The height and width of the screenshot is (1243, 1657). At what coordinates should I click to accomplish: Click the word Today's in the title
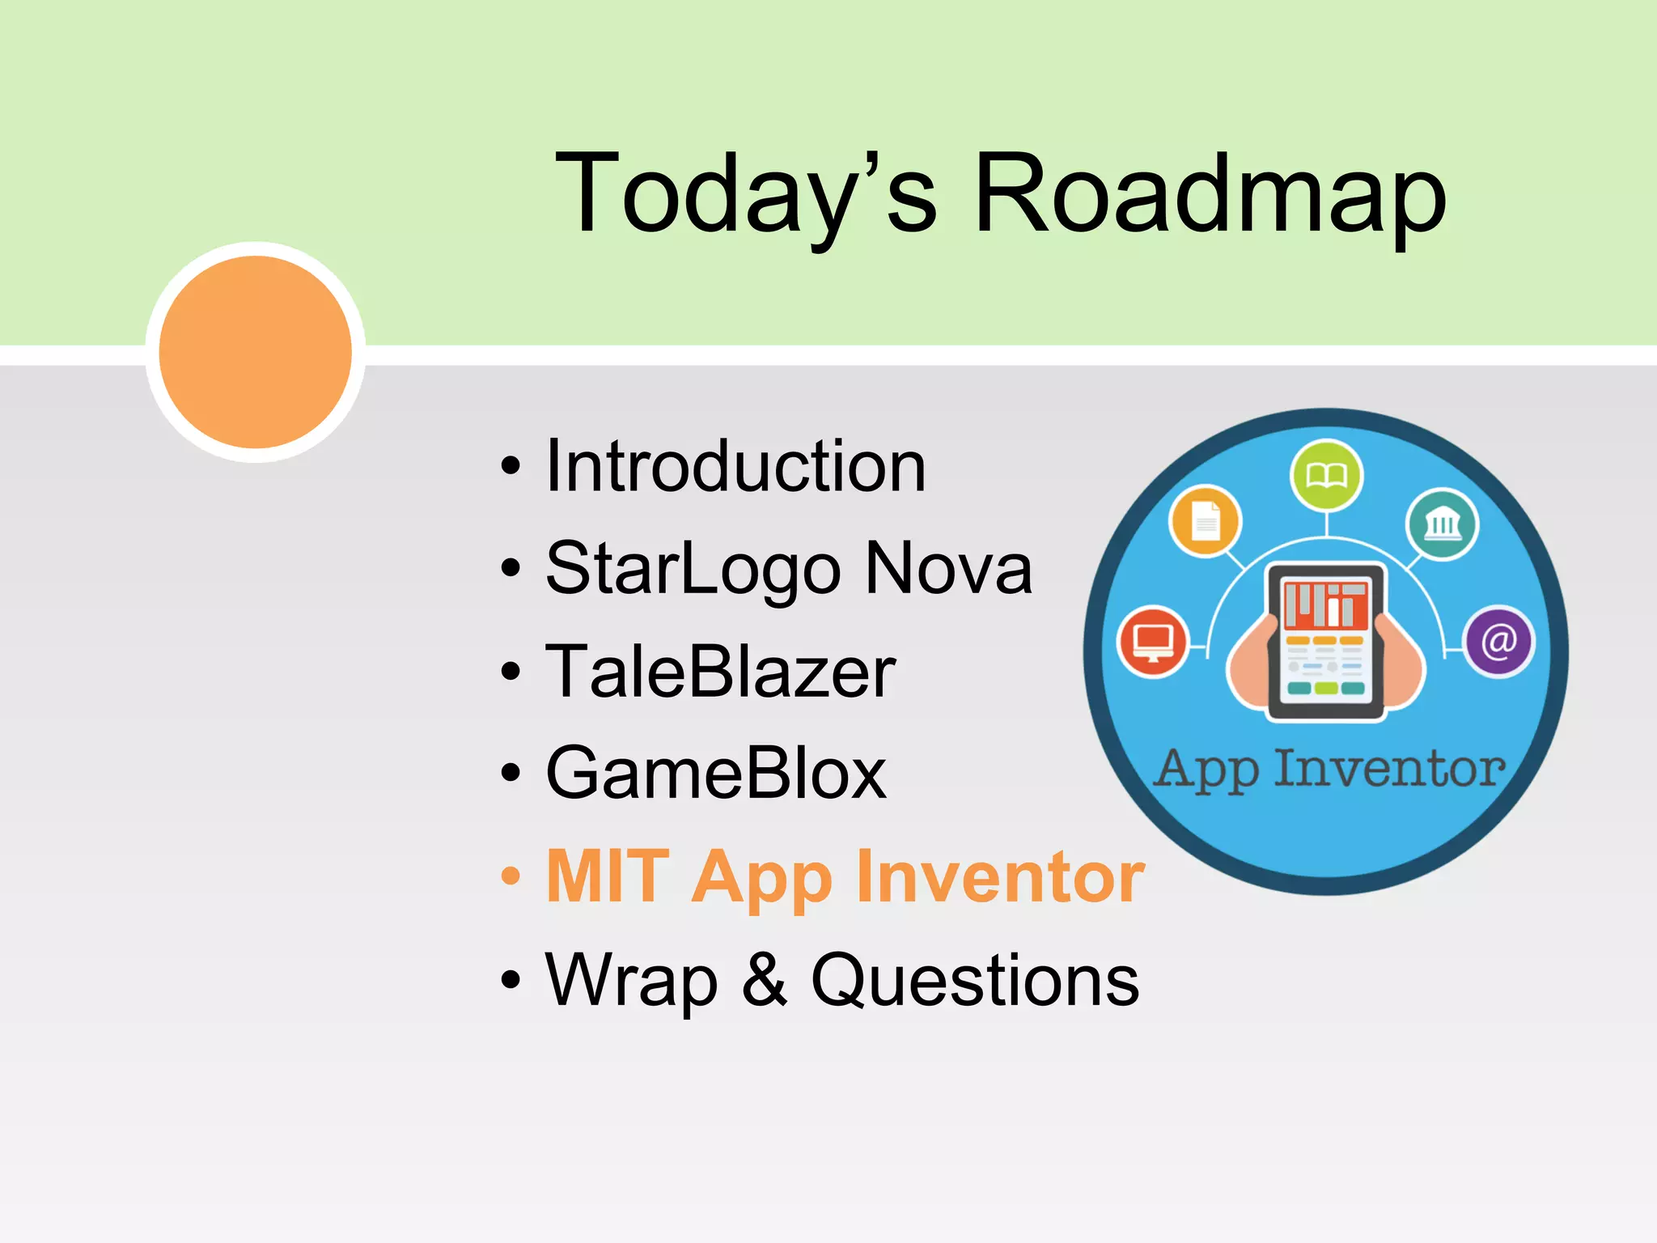[744, 194]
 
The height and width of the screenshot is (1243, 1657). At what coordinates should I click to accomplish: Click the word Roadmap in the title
[1209, 194]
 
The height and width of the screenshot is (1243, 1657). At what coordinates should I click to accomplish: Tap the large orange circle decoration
[256, 352]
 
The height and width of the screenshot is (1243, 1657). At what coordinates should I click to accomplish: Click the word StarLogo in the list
[693, 569]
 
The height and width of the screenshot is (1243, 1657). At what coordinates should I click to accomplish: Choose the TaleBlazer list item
[720, 672]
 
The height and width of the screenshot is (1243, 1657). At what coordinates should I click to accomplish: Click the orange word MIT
[608, 876]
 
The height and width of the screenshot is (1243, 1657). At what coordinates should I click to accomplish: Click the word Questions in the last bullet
[975, 980]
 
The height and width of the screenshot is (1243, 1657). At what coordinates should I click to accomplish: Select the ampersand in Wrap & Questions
[764, 980]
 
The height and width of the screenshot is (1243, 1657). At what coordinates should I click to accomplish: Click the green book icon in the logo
[1326, 475]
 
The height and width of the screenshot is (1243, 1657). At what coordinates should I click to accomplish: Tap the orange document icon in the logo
[1206, 521]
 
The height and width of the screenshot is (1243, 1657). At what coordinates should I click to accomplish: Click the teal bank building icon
[1442, 524]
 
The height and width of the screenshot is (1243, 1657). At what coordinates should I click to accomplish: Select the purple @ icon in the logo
[1498, 642]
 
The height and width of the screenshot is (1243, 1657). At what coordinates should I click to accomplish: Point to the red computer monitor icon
[1153, 642]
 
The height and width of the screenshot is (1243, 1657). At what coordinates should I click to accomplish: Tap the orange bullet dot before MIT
[510, 876]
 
